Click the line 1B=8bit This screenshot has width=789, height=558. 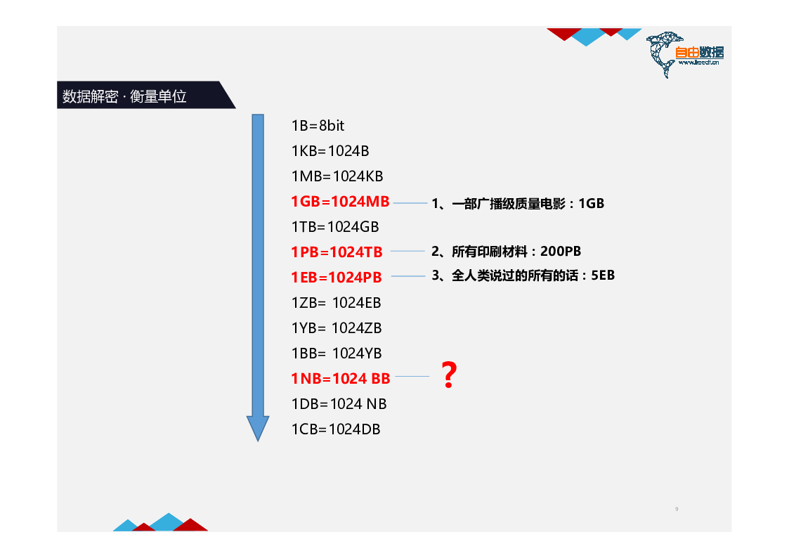(318, 126)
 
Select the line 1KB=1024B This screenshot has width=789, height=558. (330, 151)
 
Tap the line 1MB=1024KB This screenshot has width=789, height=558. (337, 176)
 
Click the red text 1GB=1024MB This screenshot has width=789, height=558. (340, 202)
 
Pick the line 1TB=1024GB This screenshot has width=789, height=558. (335, 227)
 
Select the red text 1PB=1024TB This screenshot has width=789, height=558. (337, 252)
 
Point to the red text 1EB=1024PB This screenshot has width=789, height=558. (336, 277)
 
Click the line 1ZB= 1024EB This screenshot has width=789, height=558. (336, 303)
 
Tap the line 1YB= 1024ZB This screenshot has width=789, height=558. (337, 328)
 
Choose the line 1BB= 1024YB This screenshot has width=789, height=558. (337, 353)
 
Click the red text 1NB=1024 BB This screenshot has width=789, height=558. (341, 378)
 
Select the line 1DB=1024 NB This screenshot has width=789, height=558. (339, 404)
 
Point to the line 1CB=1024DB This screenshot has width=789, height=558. (336, 429)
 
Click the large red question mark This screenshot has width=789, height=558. (449, 375)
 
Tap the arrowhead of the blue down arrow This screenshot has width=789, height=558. (258, 428)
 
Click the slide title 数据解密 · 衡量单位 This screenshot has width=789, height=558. (124, 96)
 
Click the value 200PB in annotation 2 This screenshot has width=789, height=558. (561, 251)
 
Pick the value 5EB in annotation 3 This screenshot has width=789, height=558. (603, 275)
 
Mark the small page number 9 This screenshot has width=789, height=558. (677, 510)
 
